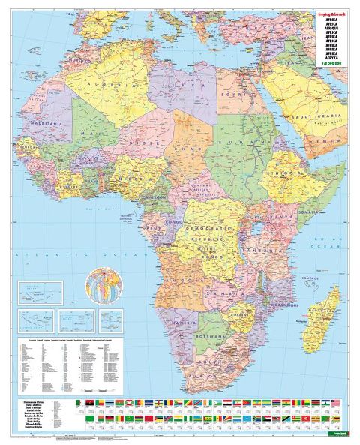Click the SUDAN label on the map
click(x=233, y=141)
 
